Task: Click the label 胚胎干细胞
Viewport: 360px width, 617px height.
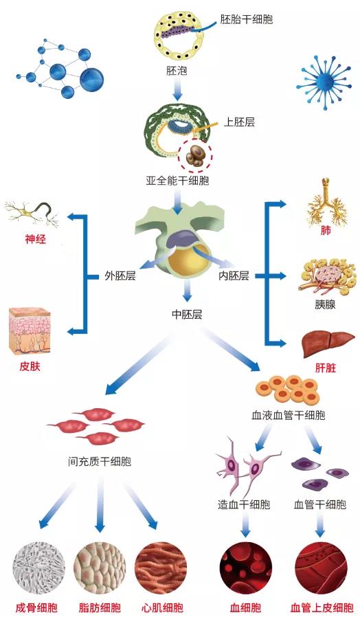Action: tap(246, 20)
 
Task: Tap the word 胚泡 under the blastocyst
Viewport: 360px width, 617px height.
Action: tap(177, 71)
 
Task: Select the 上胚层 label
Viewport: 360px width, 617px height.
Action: tap(239, 122)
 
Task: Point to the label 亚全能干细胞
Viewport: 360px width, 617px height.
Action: tap(177, 181)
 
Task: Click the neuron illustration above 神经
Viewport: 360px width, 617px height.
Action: tap(32, 214)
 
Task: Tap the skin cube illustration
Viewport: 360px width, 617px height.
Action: tap(30, 330)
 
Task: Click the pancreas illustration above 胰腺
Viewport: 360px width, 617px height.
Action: tap(326, 276)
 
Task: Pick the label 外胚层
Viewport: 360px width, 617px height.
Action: tap(120, 276)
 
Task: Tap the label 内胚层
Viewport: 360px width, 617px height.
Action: tap(234, 276)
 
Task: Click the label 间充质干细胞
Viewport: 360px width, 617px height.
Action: tap(100, 462)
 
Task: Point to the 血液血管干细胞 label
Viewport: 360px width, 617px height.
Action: tap(289, 415)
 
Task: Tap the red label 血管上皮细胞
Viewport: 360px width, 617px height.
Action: tap(322, 607)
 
